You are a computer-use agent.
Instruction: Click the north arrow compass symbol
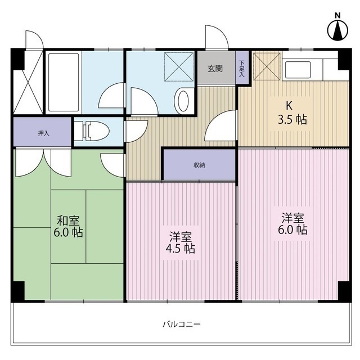coord(337,30)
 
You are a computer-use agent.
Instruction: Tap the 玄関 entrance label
coord(215,69)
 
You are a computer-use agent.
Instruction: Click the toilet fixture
coord(92,131)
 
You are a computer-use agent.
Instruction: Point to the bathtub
coord(64,82)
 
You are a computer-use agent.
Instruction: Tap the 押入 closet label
coord(44,133)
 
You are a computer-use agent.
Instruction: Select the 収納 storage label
coord(199,165)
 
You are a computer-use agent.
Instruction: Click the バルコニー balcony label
coord(182,324)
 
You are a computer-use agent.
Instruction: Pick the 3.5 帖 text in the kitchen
coord(292,120)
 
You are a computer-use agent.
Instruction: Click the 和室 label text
coord(68,220)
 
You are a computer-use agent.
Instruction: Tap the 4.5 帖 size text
coord(181,249)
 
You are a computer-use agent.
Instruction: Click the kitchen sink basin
coord(298,70)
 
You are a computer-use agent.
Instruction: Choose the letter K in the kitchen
coord(289,106)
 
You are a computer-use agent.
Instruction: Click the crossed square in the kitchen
coord(267,66)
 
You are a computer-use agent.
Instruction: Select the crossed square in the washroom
coord(179,67)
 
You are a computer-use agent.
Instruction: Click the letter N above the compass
coord(337,16)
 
